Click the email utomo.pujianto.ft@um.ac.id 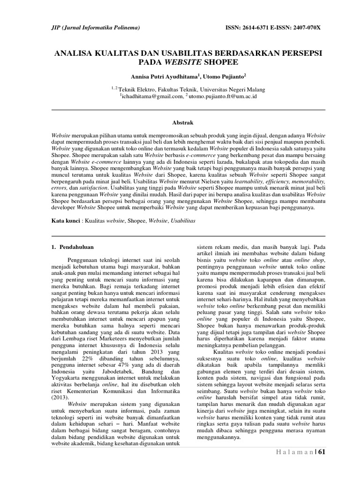pos(222,96)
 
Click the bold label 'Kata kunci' pos(65,219)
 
